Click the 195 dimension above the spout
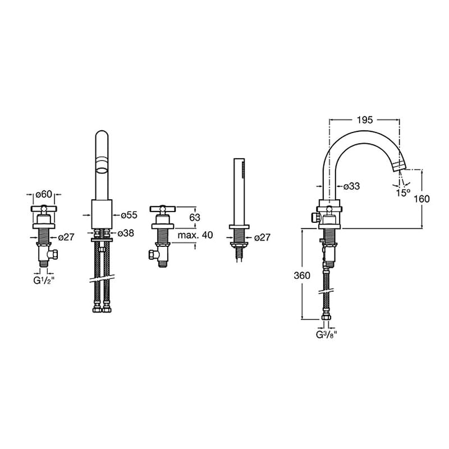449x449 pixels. click(365, 120)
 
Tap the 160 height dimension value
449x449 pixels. click(421, 199)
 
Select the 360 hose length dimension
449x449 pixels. click(302, 276)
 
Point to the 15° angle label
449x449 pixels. click(403, 193)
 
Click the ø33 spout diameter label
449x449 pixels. click(351, 186)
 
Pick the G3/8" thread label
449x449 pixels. click(326, 335)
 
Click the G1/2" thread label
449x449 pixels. click(44, 281)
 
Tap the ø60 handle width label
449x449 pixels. click(44, 194)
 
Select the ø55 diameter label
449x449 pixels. click(129, 215)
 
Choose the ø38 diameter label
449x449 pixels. click(126, 233)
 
